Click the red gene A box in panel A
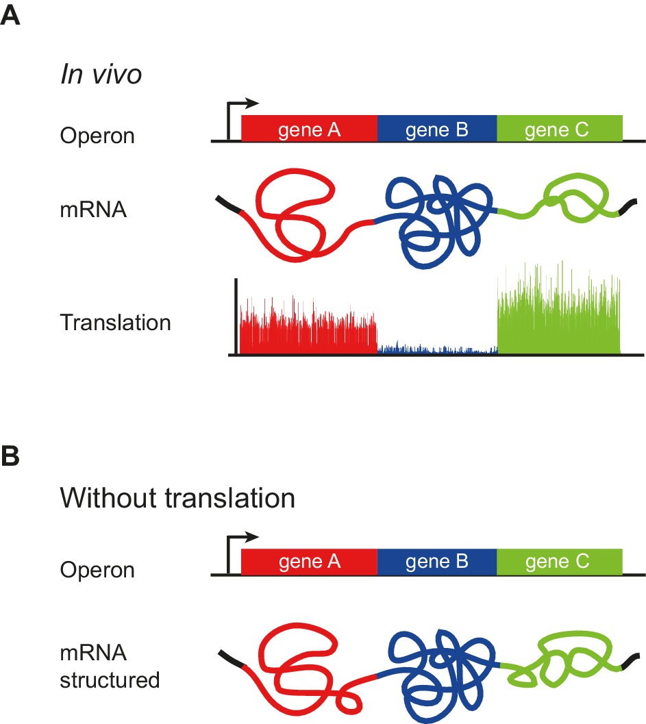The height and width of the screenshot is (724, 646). click(309, 128)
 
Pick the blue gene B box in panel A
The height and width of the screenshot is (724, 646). click(436, 128)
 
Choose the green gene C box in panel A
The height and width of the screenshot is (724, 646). click(559, 128)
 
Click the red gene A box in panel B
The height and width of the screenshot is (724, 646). click(309, 561)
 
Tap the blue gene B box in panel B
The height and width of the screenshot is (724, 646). click(436, 561)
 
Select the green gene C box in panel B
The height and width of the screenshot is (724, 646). click(559, 561)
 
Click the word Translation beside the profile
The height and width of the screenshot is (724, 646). click(115, 322)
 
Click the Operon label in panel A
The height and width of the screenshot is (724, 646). click(97, 135)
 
